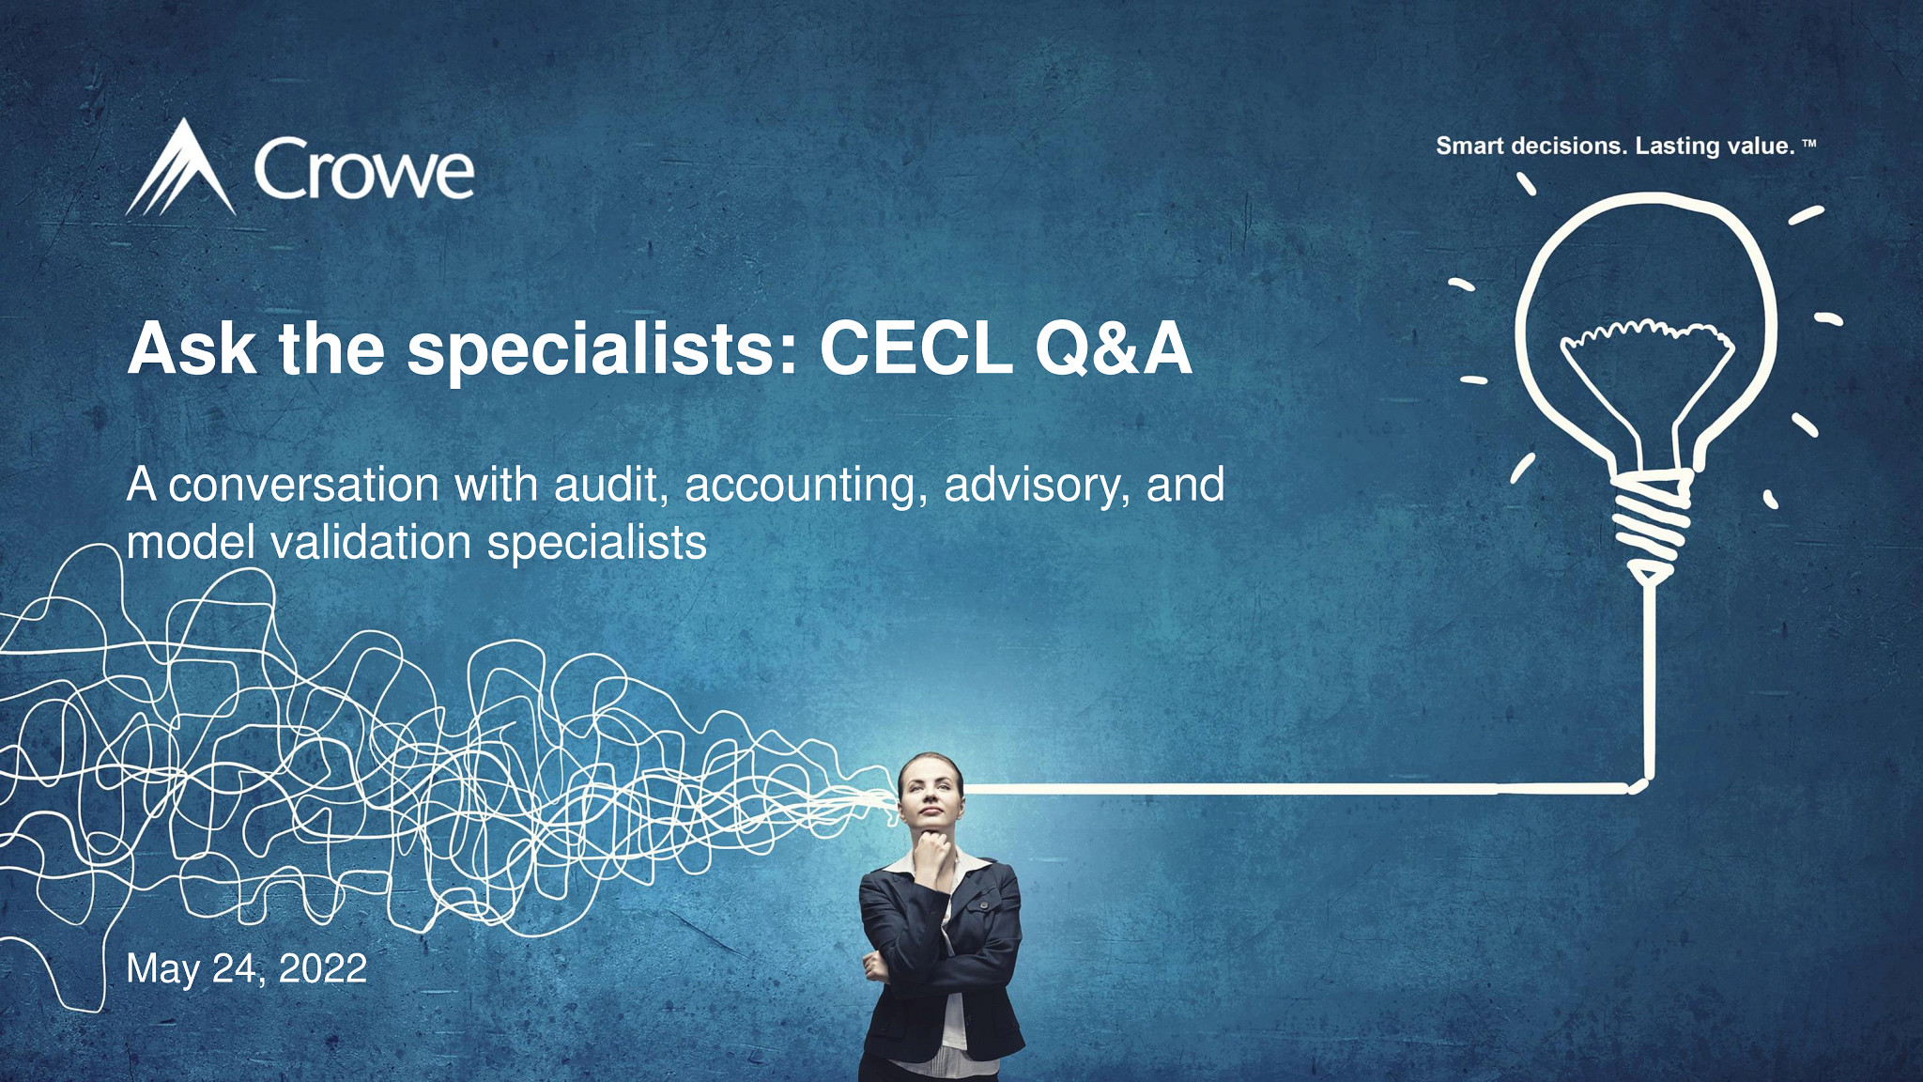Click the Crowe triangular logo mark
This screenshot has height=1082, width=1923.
click(182, 170)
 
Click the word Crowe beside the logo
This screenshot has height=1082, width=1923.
click(363, 171)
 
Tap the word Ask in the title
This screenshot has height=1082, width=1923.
click(192, 349)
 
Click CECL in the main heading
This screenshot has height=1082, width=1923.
click(915, 349)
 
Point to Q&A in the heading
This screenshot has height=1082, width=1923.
click(1113, 349)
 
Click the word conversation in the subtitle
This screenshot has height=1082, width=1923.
click(303, 486)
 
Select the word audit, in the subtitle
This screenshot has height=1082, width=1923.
click(611, 486)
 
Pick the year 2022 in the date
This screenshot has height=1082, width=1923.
click(322, 968)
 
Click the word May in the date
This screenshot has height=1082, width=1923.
click(162, 969)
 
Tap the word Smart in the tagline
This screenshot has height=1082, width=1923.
click(1469, 147)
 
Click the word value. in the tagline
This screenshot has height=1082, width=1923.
click(1761, 147)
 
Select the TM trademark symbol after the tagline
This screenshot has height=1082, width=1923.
click(1809, 145)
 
